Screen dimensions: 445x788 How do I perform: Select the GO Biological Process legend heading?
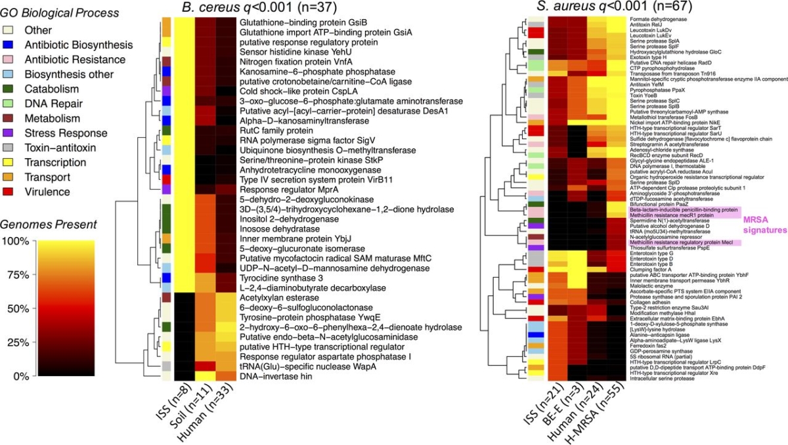pyautogui.click(x=59, y=12)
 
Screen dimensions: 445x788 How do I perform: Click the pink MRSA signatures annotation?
pyautogui.click(x=764, y=225)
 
